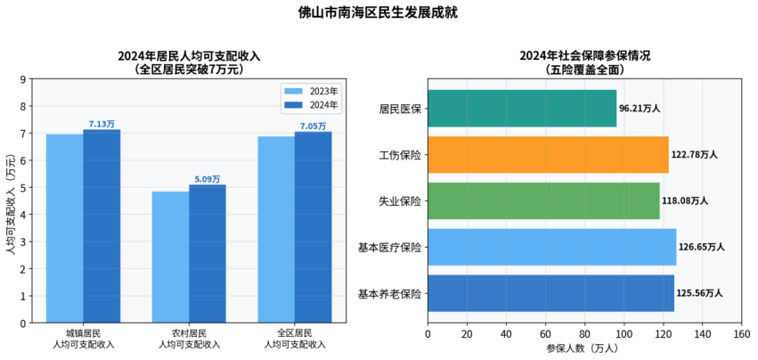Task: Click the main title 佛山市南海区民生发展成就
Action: pyautogui.click(x=379, y=12)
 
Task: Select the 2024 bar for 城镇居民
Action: pyautogui.click(x=102, y=225)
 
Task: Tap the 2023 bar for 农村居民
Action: pyautogui.click(x=170, y=257)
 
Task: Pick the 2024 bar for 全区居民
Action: pyautogui.click(x=314, y=226)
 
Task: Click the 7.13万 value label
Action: pyautogui.click(x=102, y=124)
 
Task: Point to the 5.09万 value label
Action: pyautogui.click(x=208, y=179)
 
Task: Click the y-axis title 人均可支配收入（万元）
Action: pyautogui.click(x=10, y=200)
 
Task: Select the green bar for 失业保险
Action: pyautogui.click(x=543, y=200)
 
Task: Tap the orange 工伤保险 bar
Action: pyautogui.click(x=548, y=154)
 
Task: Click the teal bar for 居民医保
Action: pyautogui.click(x=522, y=108)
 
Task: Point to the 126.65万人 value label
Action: pyautogui.click(x=701, y=247)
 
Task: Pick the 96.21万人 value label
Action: pyautogui.click(x=640, y=108)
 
